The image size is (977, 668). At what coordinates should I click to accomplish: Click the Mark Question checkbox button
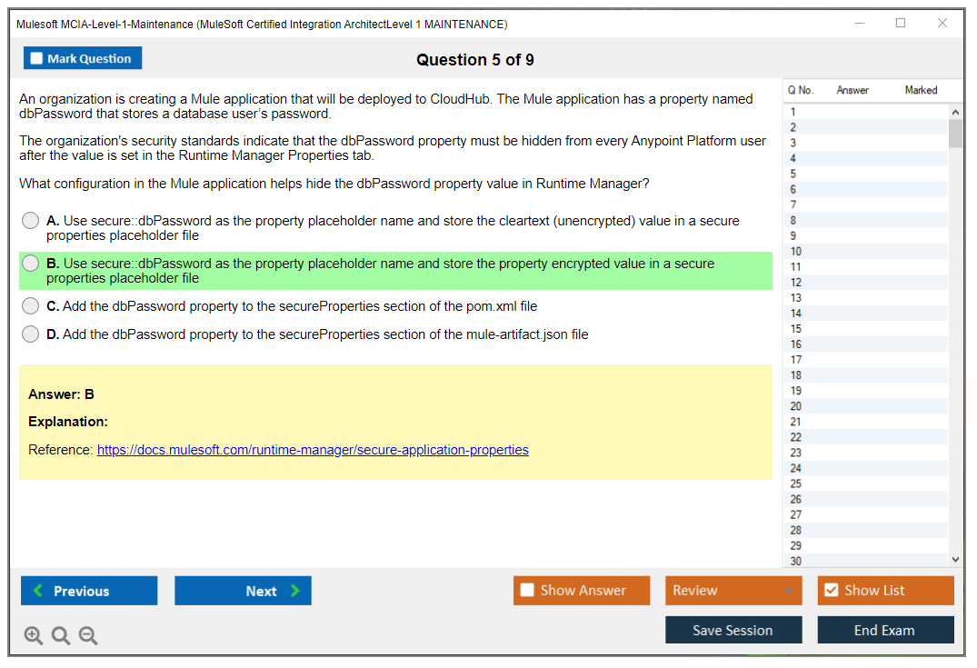point(82,58)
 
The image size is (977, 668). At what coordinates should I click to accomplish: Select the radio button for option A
point(30,221)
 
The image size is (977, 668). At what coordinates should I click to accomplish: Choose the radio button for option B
point(30,264)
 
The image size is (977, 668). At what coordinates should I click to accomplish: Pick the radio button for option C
point(30,306)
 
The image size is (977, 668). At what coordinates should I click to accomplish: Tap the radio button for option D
point(30,334)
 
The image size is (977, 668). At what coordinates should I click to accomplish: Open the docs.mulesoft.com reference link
point(313,450)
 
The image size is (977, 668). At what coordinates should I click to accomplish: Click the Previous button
point(89,591)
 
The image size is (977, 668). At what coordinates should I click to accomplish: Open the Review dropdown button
point(733,591)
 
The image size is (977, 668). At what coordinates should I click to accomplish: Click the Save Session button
point(733,630)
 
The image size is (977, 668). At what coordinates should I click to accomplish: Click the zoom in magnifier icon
point(34,635)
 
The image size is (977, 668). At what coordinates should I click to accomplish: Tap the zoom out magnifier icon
point(88,635)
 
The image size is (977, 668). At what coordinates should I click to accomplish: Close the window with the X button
point(942,23)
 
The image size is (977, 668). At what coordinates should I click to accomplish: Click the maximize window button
point(901,23)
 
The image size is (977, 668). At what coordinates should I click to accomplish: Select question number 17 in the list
point(795,360)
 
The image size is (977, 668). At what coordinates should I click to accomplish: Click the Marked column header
point(921,90)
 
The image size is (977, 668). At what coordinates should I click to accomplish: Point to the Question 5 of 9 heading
point(475,60)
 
